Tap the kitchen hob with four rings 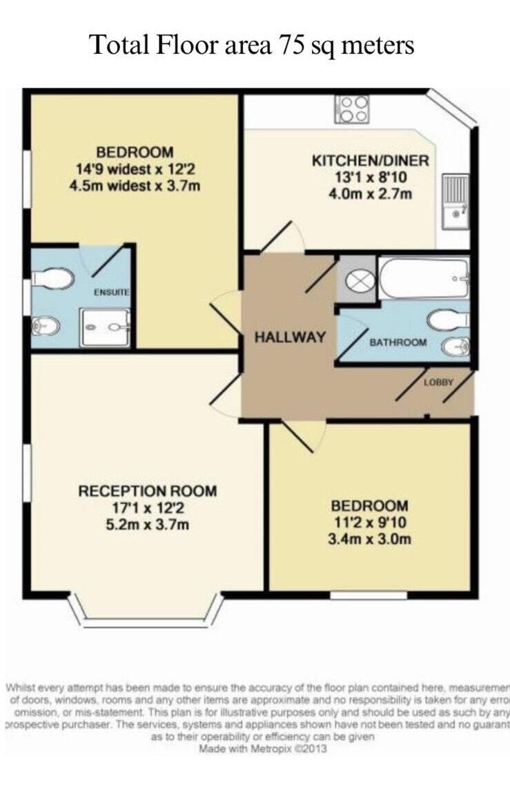(351, 109)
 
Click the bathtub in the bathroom (424, 278)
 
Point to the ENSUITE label (112, 293)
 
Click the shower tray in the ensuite (104, 327)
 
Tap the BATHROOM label (398, 342)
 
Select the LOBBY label (438, 381)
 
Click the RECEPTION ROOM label (147, 492)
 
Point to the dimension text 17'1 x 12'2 (147, 508)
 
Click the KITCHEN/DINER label (371, 161)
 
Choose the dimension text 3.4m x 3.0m (369, 538)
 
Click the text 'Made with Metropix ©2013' (262, 748)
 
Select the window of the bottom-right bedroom (368, 594)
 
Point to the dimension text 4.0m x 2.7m (371, 193)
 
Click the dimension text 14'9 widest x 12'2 (135, 168)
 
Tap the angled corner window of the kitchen (452, 109)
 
